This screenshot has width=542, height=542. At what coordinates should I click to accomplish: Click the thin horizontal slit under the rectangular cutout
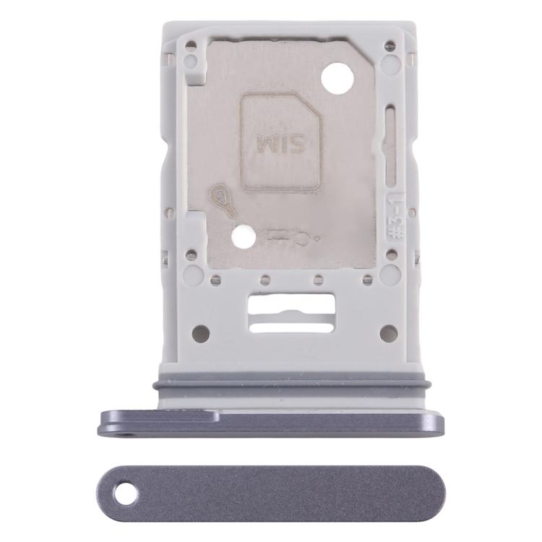291,327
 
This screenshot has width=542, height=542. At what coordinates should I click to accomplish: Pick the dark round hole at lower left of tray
201,333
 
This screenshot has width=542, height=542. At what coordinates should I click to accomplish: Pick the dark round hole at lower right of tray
388,333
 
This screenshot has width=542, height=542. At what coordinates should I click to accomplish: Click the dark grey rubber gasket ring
298,384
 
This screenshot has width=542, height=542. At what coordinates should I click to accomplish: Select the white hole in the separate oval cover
126,494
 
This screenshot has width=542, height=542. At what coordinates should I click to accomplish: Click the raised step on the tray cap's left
159,416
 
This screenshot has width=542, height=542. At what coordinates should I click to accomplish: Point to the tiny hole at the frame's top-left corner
191,46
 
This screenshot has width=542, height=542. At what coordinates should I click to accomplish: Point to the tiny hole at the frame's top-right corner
390,46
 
